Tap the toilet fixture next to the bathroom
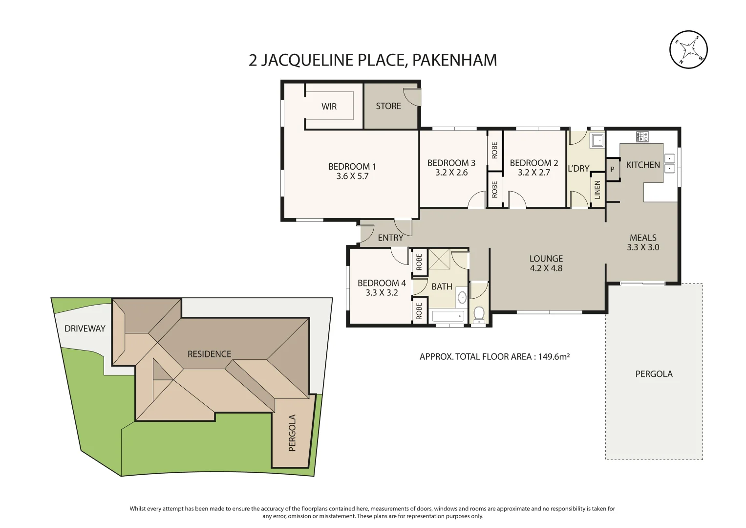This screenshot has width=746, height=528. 479,315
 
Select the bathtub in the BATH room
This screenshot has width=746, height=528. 448,316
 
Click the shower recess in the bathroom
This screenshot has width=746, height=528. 439,259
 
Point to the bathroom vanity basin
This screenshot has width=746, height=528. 462,298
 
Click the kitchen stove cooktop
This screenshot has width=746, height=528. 642,136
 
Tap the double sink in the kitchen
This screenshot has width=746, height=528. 669,163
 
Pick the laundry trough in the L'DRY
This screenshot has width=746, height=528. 597,140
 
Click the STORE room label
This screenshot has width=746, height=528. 388,106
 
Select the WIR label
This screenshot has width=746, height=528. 329,107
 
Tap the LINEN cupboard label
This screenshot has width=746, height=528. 597,190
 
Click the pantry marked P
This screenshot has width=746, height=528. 612,169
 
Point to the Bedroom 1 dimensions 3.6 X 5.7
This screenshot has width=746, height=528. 352,176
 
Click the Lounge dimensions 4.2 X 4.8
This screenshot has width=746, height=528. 546,268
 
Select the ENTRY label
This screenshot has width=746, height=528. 391,238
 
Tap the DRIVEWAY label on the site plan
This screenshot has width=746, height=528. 85,329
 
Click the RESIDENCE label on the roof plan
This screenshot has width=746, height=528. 209,353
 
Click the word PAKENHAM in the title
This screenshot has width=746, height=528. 455,60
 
